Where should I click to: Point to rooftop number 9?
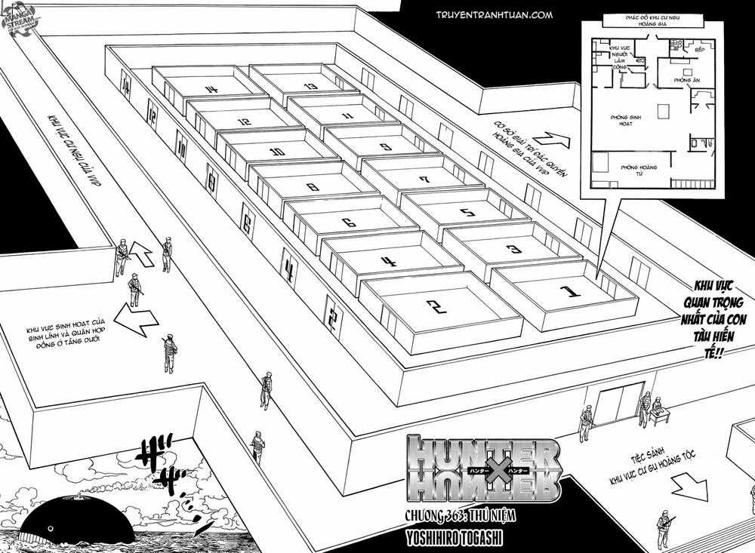385,148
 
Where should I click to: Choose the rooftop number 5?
467,213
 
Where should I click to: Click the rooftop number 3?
513,248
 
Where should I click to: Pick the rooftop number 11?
347,116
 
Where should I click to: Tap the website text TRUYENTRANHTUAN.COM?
495,14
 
